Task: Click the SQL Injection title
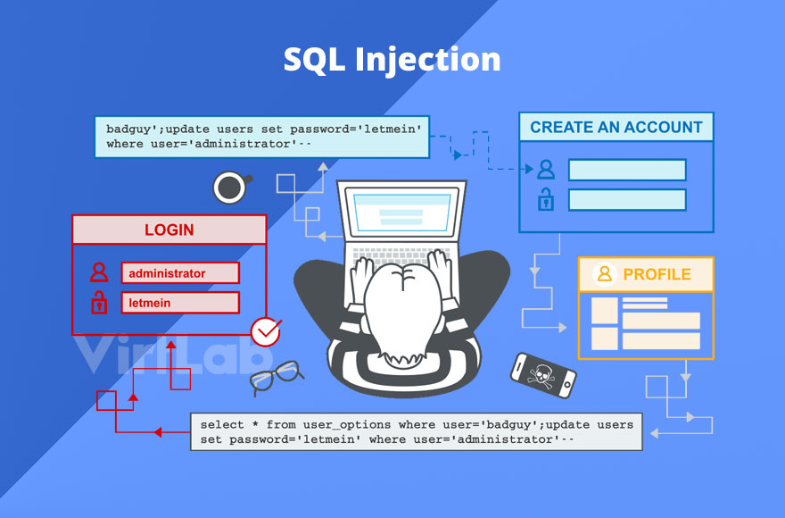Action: tap(392, 59)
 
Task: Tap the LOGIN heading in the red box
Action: tap(169, 230)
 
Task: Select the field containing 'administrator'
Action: tap(180, 273)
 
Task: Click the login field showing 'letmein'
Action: tap(180, 303)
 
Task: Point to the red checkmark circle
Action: tap(265, 332)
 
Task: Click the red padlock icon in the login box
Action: tap(99, 302)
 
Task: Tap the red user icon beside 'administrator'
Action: tap(99, 272)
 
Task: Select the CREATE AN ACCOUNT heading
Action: tap(616, 127)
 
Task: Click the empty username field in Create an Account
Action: tap(627, 170)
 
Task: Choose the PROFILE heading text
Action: tap(657, 274)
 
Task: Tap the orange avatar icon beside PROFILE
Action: tap(606, 274)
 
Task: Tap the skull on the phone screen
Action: tap(541, 374)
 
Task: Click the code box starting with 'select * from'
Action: tap(416, 431)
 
